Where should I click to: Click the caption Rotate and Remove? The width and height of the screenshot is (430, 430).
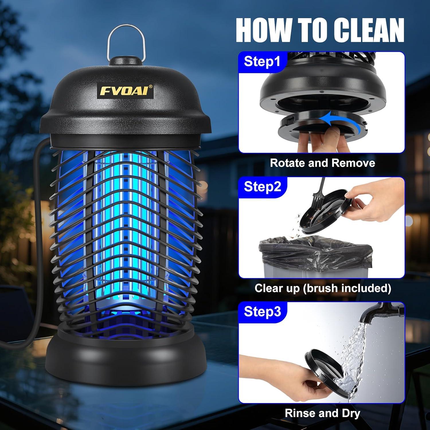(322, 163)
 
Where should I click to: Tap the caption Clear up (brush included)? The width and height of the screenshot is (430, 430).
(323, 288)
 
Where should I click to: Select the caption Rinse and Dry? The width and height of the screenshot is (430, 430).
(322, 413)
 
